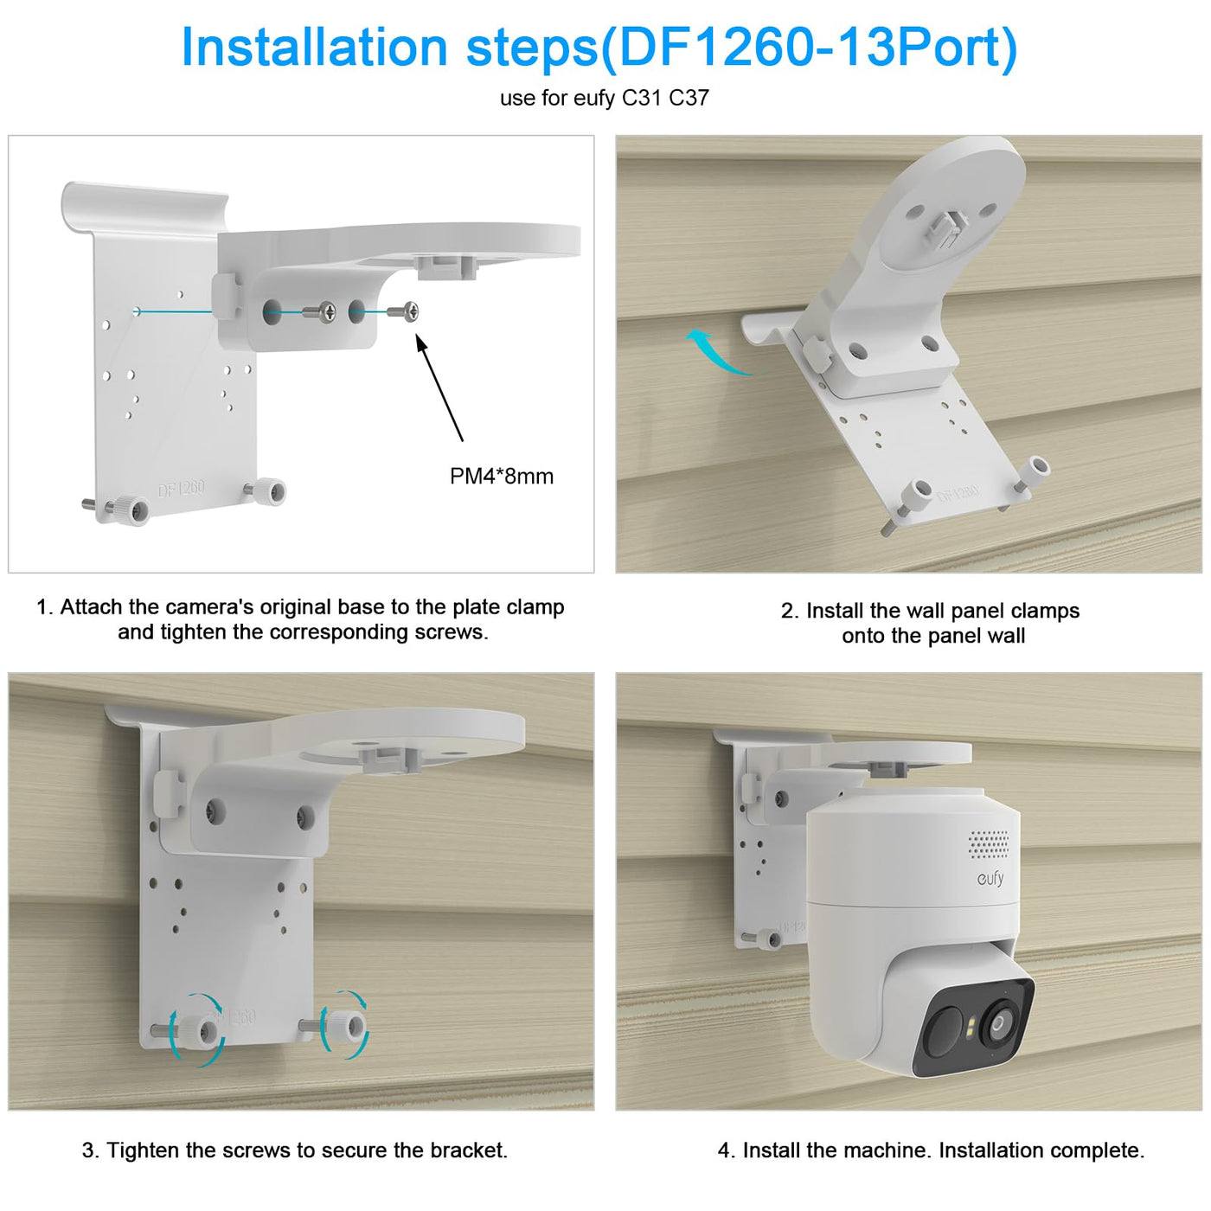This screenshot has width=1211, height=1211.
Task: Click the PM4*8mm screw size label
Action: coord(501,477)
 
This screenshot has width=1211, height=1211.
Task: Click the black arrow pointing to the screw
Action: coord(439,388)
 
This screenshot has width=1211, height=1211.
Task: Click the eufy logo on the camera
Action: coord(990,878)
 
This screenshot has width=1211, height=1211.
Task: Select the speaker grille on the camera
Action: coord(990,843)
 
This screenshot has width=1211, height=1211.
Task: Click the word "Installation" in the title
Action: coord(314,48)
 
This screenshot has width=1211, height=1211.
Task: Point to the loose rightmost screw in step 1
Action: coord(403,311)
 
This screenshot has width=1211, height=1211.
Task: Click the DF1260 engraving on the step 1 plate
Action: coord(181,489)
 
